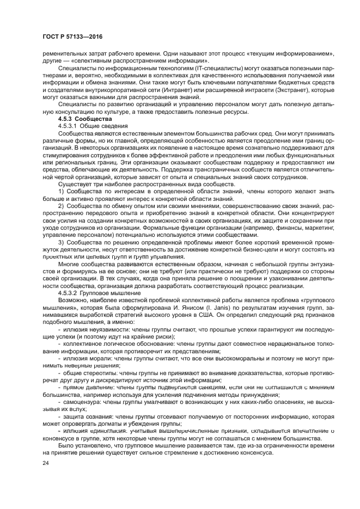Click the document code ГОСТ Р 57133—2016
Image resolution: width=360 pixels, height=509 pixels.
click(72, 36)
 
